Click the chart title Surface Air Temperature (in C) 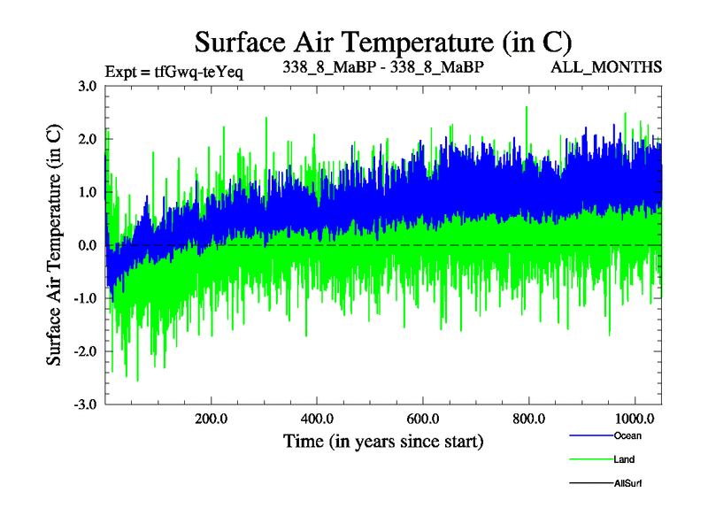[383, 42]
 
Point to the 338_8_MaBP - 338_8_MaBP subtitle [383, 67]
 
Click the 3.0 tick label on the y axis [87, 86]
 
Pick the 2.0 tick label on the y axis [87, 139]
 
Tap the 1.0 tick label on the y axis [87, 192]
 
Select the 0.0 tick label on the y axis [87, 245]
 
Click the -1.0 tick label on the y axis [85, 298]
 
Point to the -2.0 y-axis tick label [85, 351]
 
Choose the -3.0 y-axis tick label [85, 404]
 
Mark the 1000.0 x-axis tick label [634, 417]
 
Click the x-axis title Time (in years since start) [383, 440]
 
